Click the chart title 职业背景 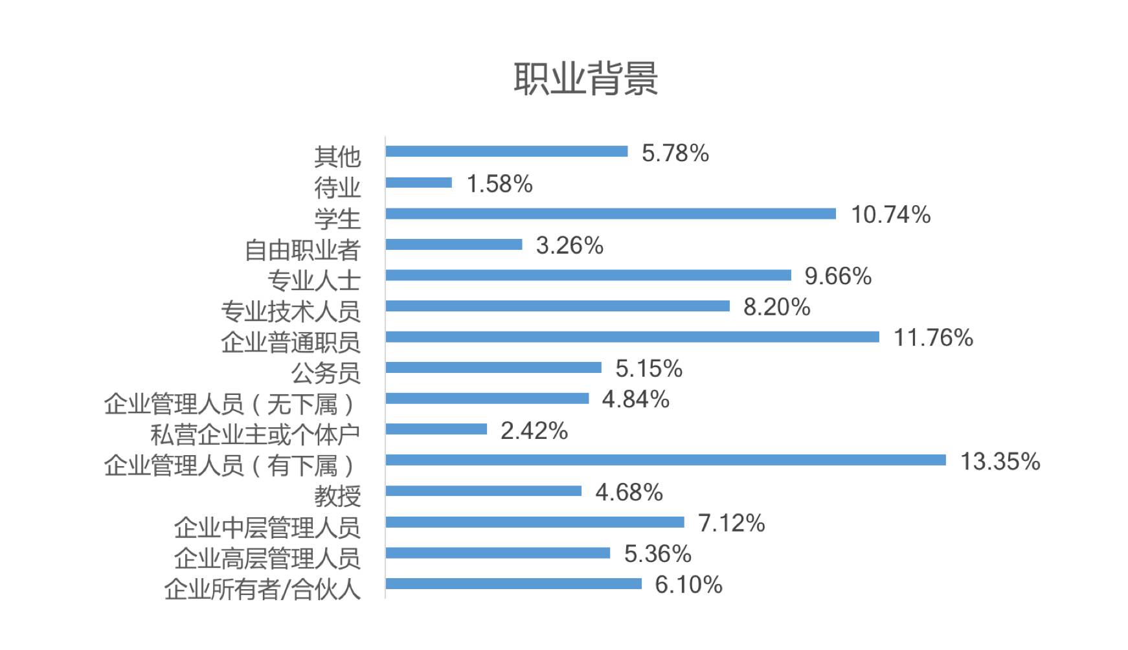(585, 79)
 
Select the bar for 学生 (610, 214)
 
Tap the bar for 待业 (418, 183)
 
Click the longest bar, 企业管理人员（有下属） (665, 460)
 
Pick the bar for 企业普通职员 (632, 337)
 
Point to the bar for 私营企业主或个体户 (436, 429)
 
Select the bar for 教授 (483, 491)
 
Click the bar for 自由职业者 (453, 244)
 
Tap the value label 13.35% (999, 462)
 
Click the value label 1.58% (499, 185)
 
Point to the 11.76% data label (933, 338)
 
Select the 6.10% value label (688, 585)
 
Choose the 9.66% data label (837, 276)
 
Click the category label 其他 (337, 157)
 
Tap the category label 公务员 (325, 373)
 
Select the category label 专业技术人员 (290, 311)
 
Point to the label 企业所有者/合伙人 (262, 589)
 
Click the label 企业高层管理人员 (267, 558)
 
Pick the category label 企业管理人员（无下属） (229, 404)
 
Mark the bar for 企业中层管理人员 (534, 522)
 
